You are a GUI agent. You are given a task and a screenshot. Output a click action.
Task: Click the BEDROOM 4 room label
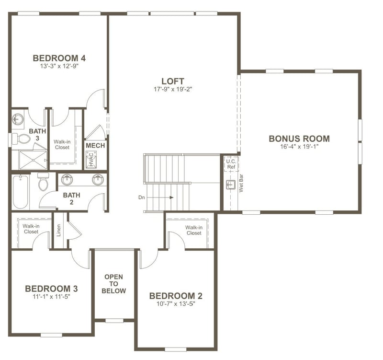[x=59, y=58]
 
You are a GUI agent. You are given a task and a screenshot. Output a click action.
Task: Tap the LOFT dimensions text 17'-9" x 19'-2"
[x=172, y=89]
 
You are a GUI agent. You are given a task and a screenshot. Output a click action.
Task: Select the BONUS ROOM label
[x=299, y=139]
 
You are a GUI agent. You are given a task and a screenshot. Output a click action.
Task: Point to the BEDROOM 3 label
[x=51, y=289]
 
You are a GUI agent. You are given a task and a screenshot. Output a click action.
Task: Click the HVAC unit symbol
[x=91, y=159]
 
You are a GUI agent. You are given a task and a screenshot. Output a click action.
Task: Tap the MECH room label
[x=95, y=146]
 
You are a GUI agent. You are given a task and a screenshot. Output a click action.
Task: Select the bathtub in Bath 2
[x=20, y=192]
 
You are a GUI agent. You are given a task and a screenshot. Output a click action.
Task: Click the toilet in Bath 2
[x=43, y=183]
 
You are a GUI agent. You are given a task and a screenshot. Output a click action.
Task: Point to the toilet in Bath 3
[x=23, y=139]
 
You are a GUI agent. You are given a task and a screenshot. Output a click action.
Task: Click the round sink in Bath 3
[x=18, y=119]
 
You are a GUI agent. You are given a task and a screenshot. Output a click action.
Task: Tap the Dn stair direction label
[x=141, y=197]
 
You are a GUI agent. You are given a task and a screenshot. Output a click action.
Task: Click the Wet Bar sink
[x=230, y=185]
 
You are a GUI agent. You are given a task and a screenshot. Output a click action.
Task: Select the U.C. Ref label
[x=231, y=164]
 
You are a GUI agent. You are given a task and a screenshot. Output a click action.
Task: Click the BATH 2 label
[x=72, y=198]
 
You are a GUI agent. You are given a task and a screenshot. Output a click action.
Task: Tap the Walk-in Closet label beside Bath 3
[x=62, y=144]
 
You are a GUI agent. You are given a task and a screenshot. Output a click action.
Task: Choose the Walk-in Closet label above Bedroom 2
[x=194, y=230]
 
